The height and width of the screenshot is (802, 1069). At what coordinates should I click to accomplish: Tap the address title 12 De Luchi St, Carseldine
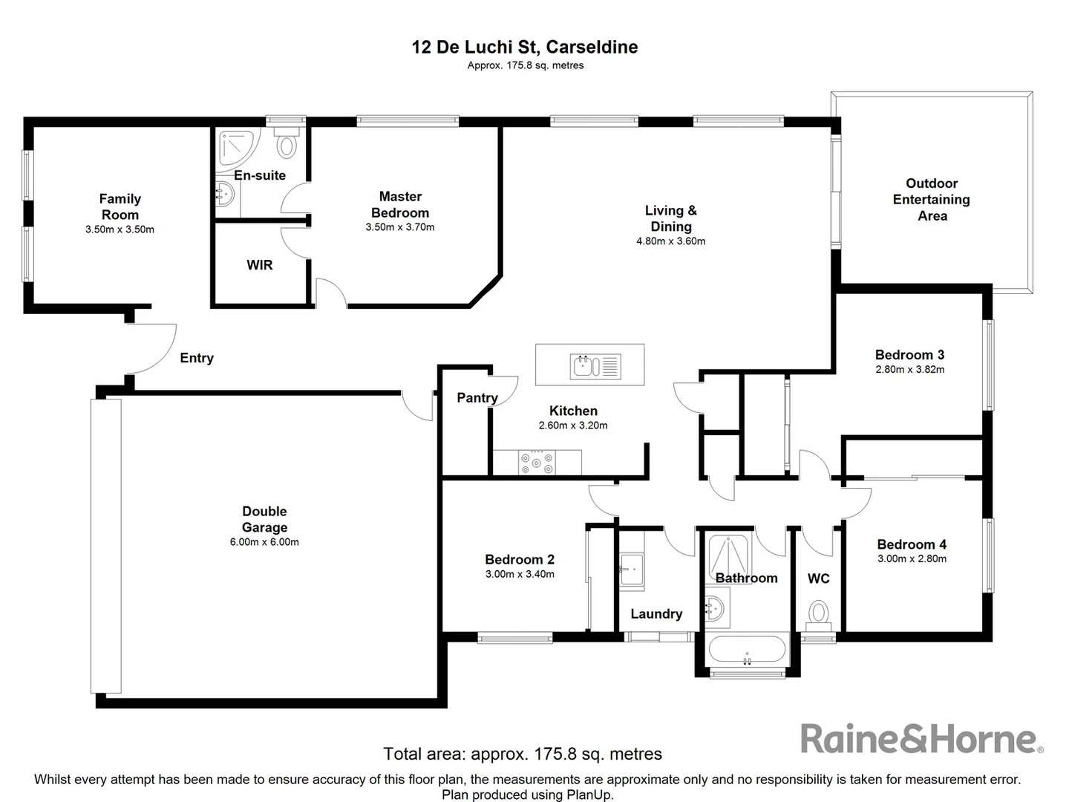pos(524,47)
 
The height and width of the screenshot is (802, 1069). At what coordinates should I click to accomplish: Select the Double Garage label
pos(264,519)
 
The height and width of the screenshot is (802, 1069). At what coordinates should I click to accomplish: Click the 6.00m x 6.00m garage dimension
pos(264,542)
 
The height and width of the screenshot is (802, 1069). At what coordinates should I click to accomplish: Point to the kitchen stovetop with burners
pos(537,463)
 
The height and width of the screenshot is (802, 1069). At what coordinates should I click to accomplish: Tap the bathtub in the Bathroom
pos(747,649)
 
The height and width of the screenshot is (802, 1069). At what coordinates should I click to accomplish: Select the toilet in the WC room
pos(818,613)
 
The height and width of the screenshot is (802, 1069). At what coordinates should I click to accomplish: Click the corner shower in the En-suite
pos(236,149)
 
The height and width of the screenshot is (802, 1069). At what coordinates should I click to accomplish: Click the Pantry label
pos(477,397)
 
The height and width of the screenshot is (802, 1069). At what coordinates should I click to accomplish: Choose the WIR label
pos(260,265)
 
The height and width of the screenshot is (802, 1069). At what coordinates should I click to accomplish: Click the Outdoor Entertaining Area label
pos(932,199)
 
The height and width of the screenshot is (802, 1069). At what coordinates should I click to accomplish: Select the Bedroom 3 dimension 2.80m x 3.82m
pos(909,370)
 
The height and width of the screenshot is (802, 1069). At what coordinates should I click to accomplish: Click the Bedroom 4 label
pos(912,544)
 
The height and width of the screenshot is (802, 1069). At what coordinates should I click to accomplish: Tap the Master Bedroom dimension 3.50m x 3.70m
pos(400,227)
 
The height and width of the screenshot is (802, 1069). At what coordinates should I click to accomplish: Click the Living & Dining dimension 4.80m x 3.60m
pos(670,241)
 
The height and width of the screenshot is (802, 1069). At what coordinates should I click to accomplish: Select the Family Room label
pos(120,206)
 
